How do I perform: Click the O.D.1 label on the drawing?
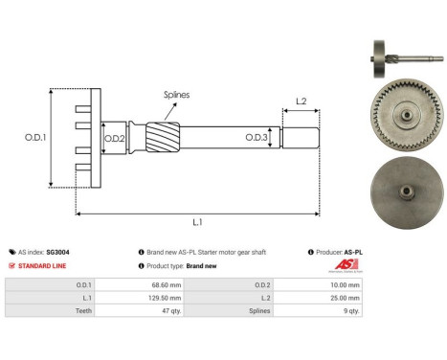[35, 137]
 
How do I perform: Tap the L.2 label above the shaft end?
[300, 101]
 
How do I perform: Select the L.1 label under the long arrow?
[197, 222]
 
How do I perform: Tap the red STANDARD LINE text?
[42, 265]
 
